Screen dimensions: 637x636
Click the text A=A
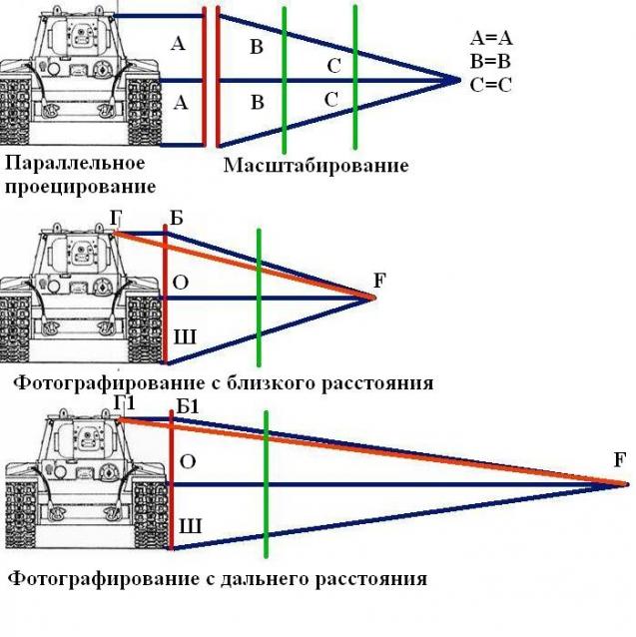[490, 39]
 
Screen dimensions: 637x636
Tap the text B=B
[490, 61]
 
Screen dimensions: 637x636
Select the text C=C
[490, 84]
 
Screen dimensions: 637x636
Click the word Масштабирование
[316, 165]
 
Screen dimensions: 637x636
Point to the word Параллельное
[76, 163]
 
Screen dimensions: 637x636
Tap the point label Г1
[124, 401]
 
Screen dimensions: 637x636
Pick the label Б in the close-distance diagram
[178, 219]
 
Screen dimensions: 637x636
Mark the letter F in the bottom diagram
[621, 460]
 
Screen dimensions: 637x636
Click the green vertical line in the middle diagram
[259, 300]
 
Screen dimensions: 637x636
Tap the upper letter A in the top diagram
[179, 44]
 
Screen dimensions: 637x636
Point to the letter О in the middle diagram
[181, 283]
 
